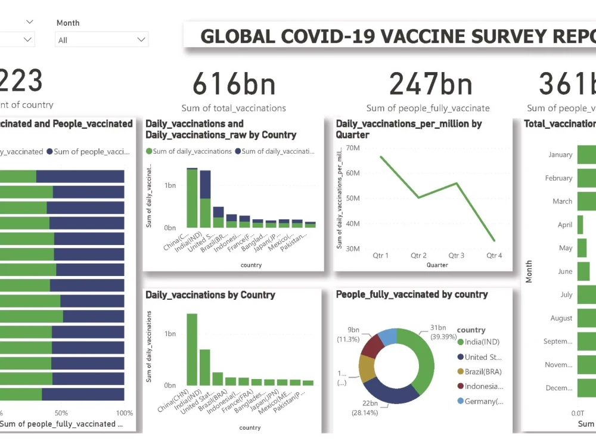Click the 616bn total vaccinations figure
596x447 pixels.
tap(234, 84)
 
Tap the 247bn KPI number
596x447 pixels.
tap(430, 84)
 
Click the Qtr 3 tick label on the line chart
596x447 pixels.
tap(456, 256)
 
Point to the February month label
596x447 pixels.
tap(558, 178)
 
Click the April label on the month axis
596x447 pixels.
tap(564, 225)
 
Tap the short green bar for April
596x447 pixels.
tap(579, 225)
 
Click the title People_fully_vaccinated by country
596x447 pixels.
tap(412, 294)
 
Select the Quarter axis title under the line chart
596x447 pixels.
tap(437, 265)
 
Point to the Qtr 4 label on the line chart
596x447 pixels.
tap(494, 256)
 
